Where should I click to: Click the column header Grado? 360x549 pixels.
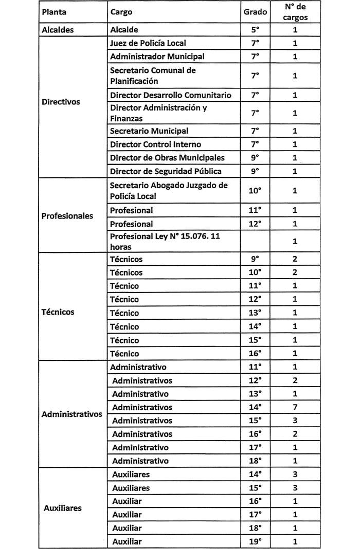pyautogui.click(x=255, y=11)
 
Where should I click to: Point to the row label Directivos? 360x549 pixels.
pyautogui.click(x=61, y=102)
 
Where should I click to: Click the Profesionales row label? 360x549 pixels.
pyautogui.click(x=67, y=216)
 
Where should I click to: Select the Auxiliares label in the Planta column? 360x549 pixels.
pyautogui.click(x=63, y=508)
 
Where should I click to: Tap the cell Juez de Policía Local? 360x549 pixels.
pyautogui.click(x=148, y=43)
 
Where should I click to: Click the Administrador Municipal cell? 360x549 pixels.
pyautogui.click(x=157, y=57)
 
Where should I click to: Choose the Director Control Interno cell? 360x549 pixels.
pyautogui.click(x=155, y=144)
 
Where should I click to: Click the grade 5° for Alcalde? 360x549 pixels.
pyautogui.click(x=255, y=30)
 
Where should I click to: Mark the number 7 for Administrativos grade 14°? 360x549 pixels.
pyautogui.click(x=295, y=407)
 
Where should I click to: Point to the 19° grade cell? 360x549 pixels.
pyautogui.click(x=255, y=541)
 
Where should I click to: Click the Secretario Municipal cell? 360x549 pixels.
pyautogui.click(x=149, y=131)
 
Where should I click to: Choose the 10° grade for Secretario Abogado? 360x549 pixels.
pyautogui.click(x=255, y=191)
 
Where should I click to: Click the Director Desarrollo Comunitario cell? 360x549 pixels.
pyautogui.click(x=170, y=95)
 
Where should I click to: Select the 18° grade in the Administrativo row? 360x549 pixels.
pyautogui.click(x=255, y=461)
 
